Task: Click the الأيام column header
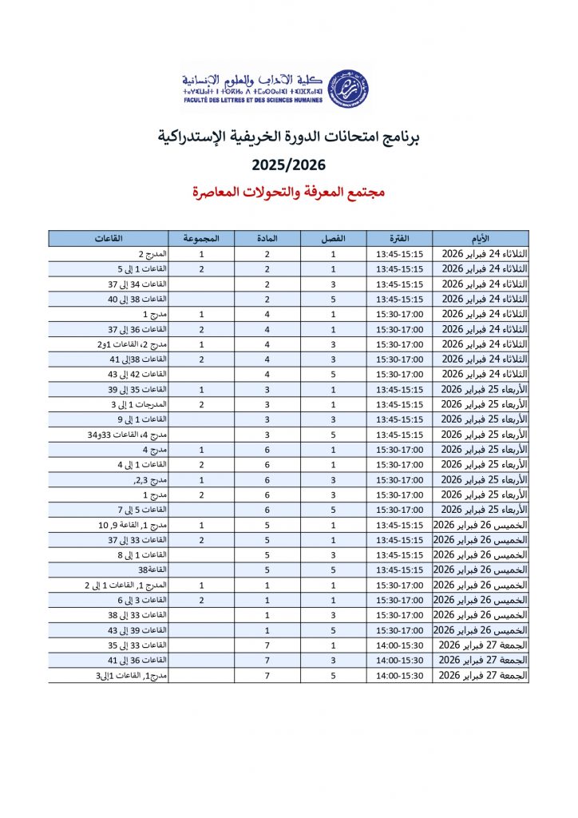pos(481,238)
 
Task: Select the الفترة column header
pos(399,238)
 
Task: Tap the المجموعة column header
pos(201,238)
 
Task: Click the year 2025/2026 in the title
pos(289,165)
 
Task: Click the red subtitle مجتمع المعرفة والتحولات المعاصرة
pos(289,193)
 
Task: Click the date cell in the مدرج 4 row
pos(481,449)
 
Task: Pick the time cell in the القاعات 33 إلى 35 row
pos(399,645)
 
